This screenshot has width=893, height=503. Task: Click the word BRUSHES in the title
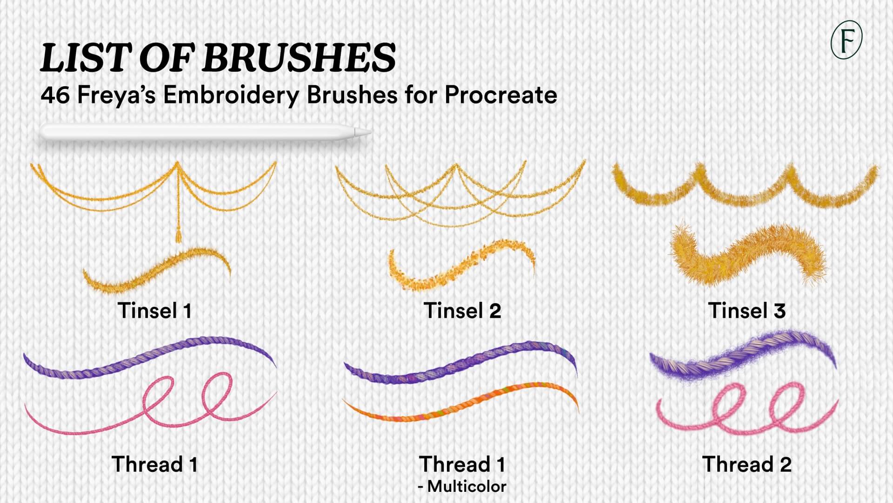click(299, 58)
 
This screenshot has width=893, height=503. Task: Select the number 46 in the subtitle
click(55, 95)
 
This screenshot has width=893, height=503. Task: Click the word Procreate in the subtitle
click(501, 95)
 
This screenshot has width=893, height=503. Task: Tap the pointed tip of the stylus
click(370, 133)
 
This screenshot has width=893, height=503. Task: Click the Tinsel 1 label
click(155, 311)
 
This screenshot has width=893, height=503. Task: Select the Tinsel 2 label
click(462, 311)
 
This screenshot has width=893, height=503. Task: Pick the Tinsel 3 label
click(747, 311)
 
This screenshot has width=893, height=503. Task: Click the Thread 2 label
click(747, 464)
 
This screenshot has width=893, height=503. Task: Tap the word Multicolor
click(466, 486)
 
